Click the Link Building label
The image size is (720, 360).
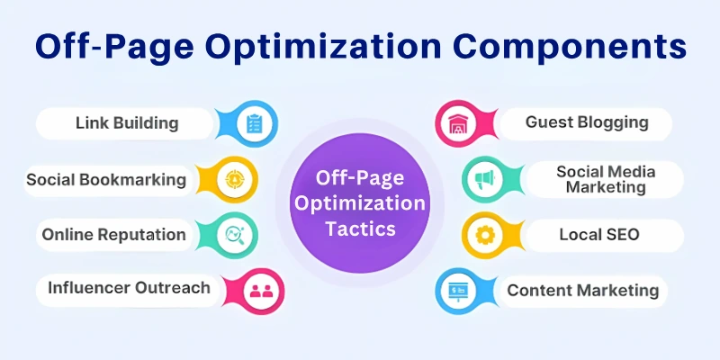127,122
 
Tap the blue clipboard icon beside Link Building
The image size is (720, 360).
254,123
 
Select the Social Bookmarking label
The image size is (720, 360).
106,179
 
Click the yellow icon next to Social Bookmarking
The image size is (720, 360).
234,178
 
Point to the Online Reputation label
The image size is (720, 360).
114,235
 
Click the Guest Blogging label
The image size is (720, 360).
586,122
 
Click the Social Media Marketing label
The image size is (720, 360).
606,179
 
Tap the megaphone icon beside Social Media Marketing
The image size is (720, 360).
483,180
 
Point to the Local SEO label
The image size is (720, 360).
598,235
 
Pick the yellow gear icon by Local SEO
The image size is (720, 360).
483,236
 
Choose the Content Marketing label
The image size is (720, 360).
582,290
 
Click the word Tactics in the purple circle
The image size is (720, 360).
360,229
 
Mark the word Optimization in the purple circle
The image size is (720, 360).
360,204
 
